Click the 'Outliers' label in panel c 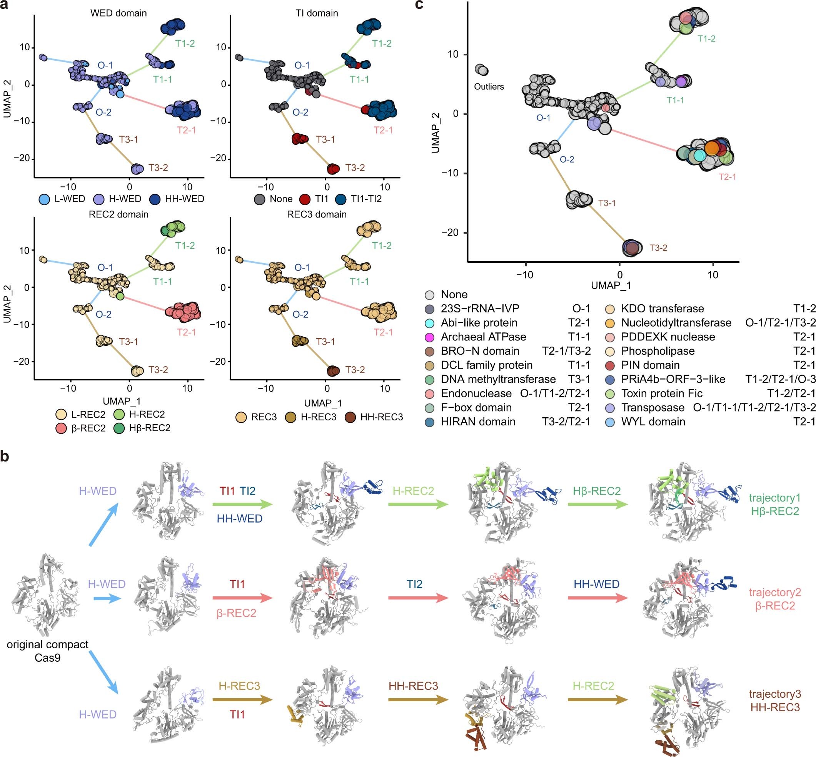pos(489,87)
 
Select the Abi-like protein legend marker pos(430,323)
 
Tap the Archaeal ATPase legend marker pos(430,337)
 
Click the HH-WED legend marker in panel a pos(156,199)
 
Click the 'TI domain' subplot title pos(317,13)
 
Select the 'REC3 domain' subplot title pos(317,214)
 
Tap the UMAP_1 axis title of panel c pos(611,286)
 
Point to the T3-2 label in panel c pos(658,248)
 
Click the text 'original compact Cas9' pos(48,651)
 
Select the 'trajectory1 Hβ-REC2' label pos(774,504)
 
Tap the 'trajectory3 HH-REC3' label pos(774,701)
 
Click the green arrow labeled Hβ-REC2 pos(597,505)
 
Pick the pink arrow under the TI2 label pos(418,598)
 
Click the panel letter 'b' pos(5,456)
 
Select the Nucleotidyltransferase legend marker pos(610,323)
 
